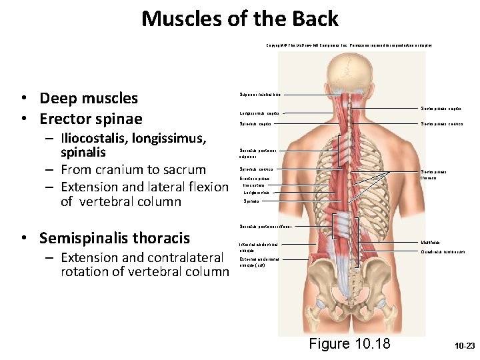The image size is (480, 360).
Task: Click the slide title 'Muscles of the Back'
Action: [x=239, y=19]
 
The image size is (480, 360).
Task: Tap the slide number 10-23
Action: [x=464, y=347]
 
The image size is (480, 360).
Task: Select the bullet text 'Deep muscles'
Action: [x=88, y=99]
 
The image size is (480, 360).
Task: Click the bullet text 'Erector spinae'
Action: [x=91, y=119]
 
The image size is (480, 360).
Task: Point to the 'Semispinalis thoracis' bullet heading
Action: [x=115, y=239]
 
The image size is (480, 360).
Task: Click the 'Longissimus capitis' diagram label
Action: [x=254, y=113]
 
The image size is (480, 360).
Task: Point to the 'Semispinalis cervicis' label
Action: [x=441, y=123]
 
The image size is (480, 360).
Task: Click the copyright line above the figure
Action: [x=349, y=45]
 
